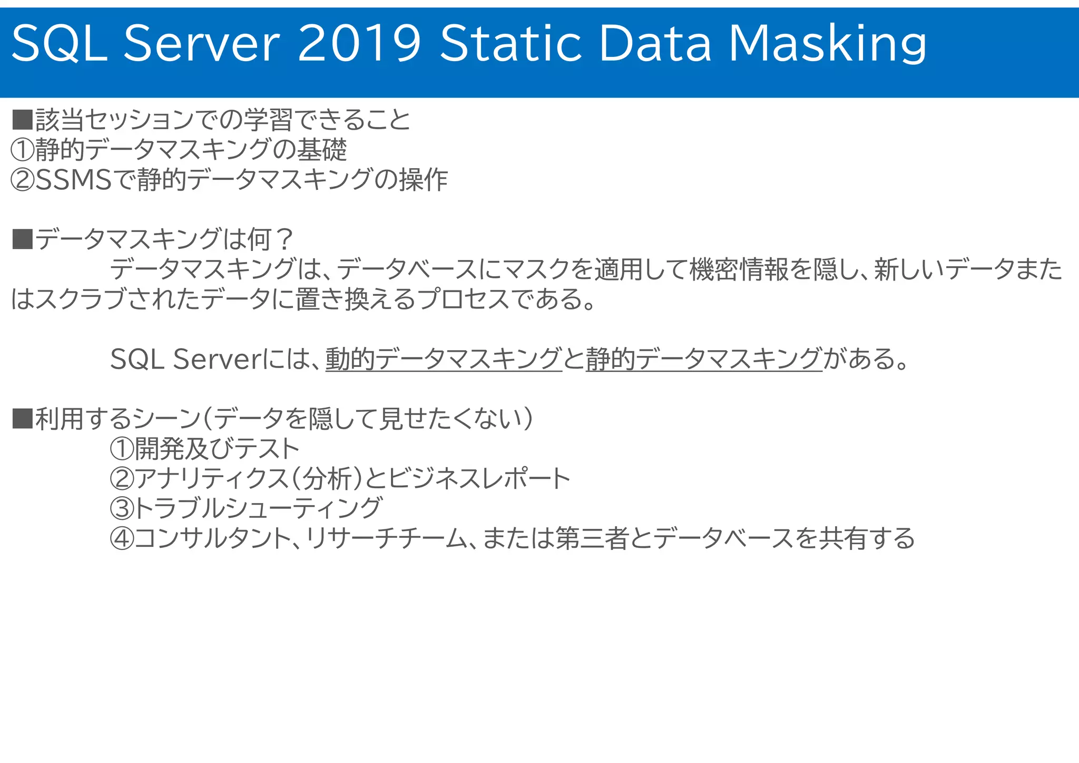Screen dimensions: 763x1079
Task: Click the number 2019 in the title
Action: point(359,43)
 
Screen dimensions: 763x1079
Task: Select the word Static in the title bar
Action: point(511,43)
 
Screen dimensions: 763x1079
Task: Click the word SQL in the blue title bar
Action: point(59,43)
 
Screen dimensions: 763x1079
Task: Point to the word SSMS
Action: point(74,180)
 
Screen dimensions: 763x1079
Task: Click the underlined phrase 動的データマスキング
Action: point(444,359)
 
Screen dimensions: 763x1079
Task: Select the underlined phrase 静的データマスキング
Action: point(704,359)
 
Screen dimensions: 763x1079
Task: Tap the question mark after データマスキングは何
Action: point(284,240)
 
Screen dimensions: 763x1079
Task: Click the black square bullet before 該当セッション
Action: point(22,120)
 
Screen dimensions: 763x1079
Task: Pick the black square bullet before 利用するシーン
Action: point(22,419)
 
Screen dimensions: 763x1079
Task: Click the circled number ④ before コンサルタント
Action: point(122,539)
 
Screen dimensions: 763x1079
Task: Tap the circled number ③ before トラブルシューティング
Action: point(122,509)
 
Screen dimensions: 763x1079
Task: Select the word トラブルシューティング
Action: point(258,509)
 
